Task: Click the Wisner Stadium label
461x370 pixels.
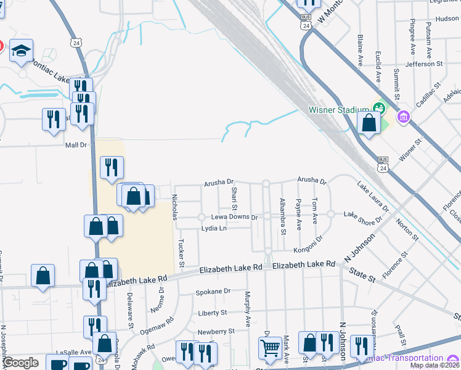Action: (x=338, y=110)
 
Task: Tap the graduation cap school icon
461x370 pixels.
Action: (x=21, y=52)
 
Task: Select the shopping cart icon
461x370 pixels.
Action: (x=271, y=350)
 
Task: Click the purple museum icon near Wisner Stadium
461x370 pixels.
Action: (x=404, y=117)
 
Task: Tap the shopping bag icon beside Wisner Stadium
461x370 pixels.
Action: (x=369, y=123)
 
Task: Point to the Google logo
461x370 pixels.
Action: (x=20, y=363)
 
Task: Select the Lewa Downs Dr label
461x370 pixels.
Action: (x=234, y=218)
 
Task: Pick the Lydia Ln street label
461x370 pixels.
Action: (x=214, y=229)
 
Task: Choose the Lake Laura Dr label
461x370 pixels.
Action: (x=373, y=196)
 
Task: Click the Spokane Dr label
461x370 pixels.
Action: (x=213, y=291)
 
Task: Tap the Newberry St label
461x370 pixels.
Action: (x=216, y=331)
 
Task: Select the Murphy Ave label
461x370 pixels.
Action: (x=248, y=309)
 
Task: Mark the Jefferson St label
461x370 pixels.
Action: (x=424, y=64)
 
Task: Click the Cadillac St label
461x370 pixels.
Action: (x=430, y=94)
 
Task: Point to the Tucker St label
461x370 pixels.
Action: (x=182, y=253)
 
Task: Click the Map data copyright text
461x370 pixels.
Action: (x=434, y=365)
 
